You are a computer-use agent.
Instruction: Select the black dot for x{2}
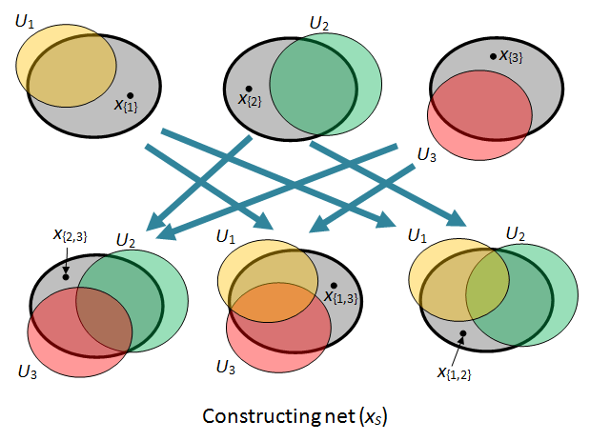[250, 88]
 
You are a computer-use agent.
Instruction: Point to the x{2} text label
[250, 100]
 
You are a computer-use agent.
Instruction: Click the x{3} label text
[511, 57]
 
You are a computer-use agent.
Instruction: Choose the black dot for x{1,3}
[334, 286]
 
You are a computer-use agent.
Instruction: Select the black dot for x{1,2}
[462, 333]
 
